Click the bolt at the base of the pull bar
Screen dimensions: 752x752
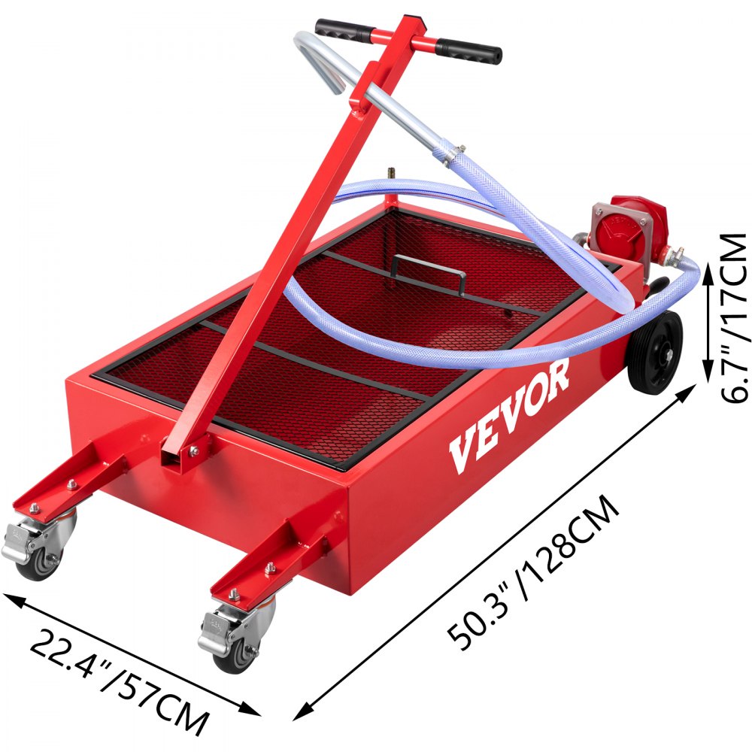pyautogui.click(x=194, y=450)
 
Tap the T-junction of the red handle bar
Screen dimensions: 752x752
pyautogui.click(x=406, y=38)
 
